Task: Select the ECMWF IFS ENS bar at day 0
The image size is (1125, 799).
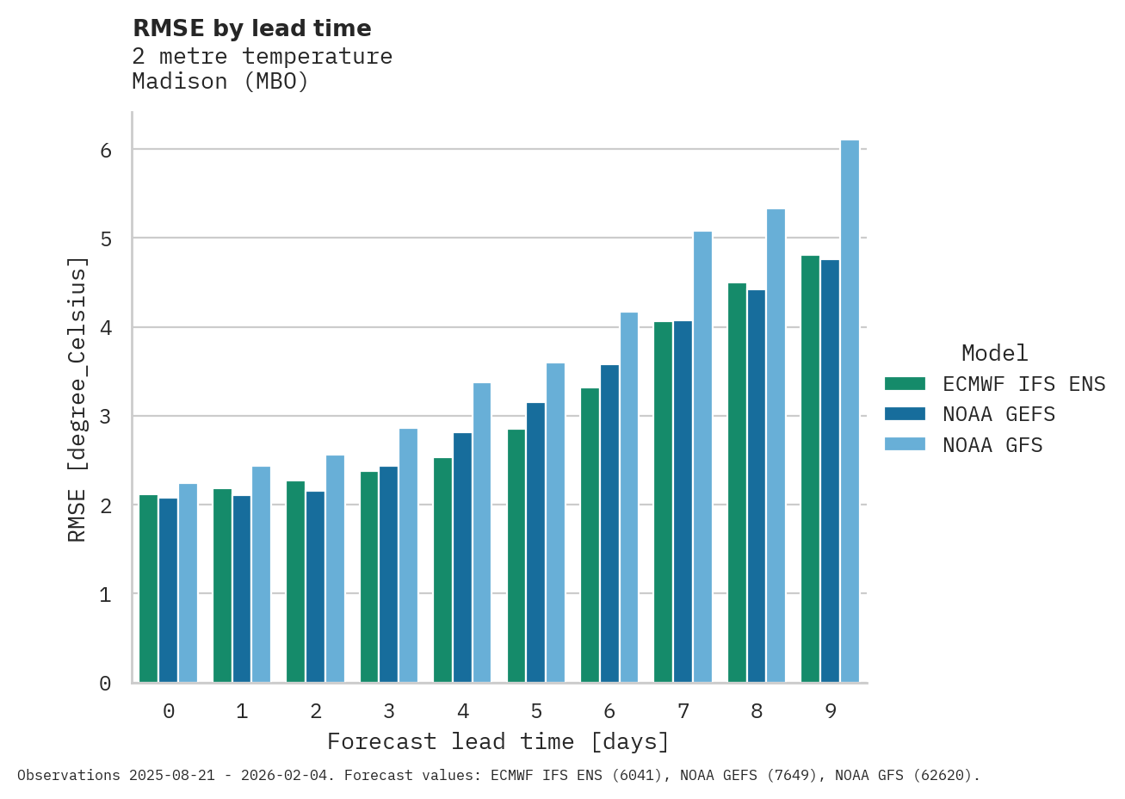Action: point(148,589)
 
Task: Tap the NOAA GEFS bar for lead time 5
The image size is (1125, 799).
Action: point(535,542)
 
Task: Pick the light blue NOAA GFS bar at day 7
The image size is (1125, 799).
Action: point(702,456)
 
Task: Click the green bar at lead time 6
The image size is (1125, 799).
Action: point(590,535)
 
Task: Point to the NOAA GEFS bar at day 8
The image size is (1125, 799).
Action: point(756,486)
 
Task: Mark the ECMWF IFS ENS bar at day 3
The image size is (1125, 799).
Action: point(368,577)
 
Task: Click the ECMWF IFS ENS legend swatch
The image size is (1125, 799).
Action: point(905,384)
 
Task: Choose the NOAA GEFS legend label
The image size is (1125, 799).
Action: point(998,415)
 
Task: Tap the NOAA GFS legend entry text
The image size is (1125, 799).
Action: point(992,446)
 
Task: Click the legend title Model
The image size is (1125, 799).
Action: point(994,353)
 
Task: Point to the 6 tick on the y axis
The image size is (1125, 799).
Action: point(106,151)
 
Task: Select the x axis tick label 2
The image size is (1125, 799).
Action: point(316,711)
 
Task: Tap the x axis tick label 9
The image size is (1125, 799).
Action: point(830,711)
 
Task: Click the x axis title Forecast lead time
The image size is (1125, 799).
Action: point(498,742)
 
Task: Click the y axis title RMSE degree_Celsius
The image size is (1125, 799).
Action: point(77,399)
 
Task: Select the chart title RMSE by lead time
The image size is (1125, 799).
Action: point(252,28)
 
